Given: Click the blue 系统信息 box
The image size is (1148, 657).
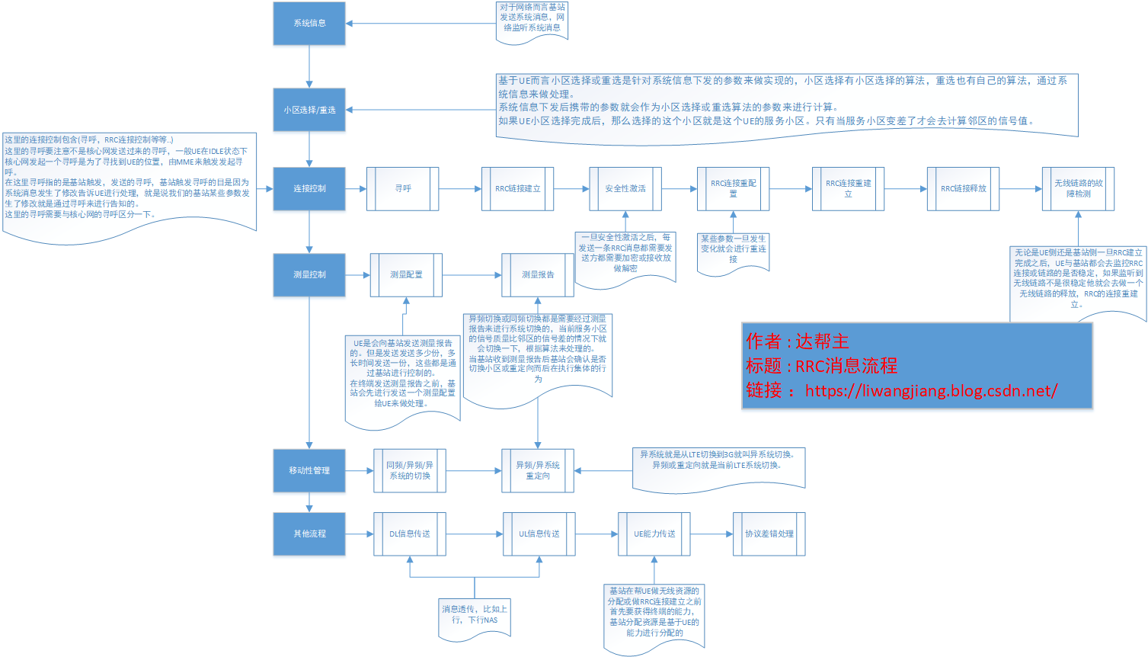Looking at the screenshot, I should (x=309, y=23).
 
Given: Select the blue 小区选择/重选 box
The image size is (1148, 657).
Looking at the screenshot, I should (x=309, y=110).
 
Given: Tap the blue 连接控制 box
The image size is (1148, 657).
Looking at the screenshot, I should (x=309, y=188).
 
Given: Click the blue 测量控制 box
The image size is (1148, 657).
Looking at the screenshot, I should (x=309, y=274).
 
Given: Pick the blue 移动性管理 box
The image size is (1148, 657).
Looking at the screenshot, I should (x=309, y=470).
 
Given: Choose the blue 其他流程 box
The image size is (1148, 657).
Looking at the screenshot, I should (x=309, y=534).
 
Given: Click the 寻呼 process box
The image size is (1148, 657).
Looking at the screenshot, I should (x=403, y=188).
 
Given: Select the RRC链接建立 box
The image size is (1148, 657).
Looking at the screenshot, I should (x=518, y=188).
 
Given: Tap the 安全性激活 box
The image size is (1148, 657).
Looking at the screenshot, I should (x=625, y=188).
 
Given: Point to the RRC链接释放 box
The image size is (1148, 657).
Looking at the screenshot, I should (x=963, y=188).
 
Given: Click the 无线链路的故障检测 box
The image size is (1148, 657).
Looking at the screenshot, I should (x=1078, y=188).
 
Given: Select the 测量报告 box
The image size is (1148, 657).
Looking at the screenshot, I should (x=538, y=274).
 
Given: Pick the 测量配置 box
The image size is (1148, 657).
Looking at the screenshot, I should (x=406, y=274).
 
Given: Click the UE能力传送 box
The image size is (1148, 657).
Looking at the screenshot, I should (x=654, y=534).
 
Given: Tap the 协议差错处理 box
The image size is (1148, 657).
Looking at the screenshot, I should (x=769, y=534).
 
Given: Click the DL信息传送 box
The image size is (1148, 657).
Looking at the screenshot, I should (x=410, y=534).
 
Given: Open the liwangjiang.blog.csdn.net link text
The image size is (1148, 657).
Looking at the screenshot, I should (x=931, y=391).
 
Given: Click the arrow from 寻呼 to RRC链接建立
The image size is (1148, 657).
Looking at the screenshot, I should (x=460, y=188).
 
